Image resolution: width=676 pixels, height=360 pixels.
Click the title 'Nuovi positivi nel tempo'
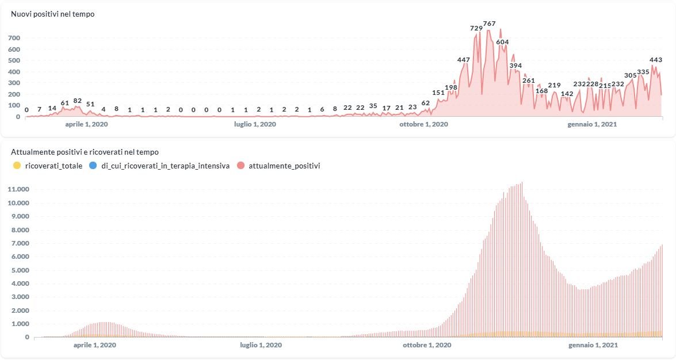click(53, 14)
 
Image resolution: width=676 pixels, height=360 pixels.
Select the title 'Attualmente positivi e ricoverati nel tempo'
click(85, 152)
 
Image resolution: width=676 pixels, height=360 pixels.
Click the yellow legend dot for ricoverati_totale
click(17, 166)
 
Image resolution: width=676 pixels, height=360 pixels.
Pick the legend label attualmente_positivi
click(284, 166)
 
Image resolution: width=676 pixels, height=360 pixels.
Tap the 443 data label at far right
click(655, 60)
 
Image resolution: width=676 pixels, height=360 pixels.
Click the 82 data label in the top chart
click(78, 101)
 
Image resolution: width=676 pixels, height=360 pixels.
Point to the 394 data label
click(515, 66)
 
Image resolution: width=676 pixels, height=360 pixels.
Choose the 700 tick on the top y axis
click(14, 38)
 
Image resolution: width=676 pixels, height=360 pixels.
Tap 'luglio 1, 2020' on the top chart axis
click(255, 124)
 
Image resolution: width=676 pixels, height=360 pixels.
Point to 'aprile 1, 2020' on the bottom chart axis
click(95, 345)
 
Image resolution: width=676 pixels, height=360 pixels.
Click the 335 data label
click(643, 72)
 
